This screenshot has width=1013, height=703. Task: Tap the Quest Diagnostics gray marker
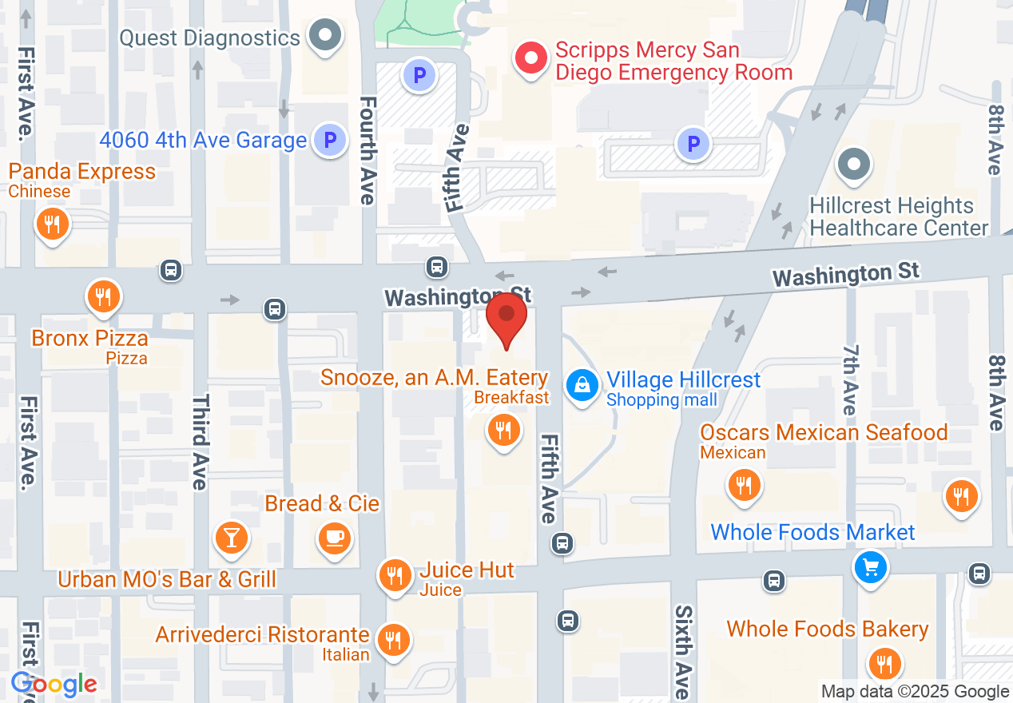click(x=325, y=37)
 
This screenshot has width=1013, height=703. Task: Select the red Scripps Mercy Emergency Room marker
click(x=529, y=58)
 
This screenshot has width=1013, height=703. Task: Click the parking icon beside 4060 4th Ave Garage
click(x=329, y=141)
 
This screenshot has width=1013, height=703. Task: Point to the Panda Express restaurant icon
click(x=53, y=224)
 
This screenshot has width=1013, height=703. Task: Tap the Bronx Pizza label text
click(x=90, y=338)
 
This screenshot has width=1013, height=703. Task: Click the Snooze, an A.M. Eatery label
click(x=435, y=377)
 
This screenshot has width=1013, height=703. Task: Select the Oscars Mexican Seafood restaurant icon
click(x=744, y=484)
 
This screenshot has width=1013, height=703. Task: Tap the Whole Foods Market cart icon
click(x=870, y=567)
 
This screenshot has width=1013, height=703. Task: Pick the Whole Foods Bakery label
click(x=827, y=630)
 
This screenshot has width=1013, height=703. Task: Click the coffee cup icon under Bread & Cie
click(x=334, y=537)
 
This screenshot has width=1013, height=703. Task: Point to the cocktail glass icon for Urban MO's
click(x=231, y=537)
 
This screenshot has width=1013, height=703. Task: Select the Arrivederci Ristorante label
click(x=262, y=635)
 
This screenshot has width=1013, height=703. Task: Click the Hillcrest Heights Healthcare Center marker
click(x=853, y=165)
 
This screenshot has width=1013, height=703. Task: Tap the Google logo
click(x=54, y=685)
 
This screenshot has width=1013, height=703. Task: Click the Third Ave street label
click(x=200, y=441)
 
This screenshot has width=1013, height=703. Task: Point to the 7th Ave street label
click(x=849, y=379)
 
